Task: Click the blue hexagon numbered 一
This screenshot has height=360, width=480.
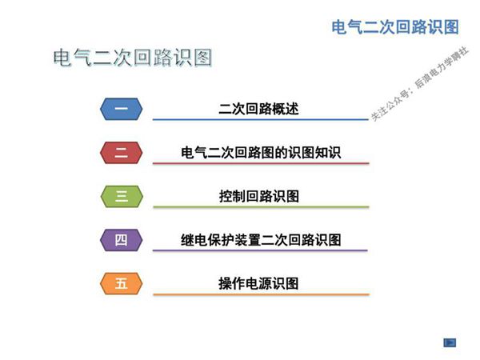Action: click(x=122, y=108)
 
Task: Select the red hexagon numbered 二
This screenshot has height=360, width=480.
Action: click(x=122, y=152)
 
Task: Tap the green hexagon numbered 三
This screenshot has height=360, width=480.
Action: click(x=122, y=196)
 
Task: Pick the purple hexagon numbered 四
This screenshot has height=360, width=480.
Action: click(x=122, y=239)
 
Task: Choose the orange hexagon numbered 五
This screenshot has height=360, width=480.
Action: click(x=122, y=283)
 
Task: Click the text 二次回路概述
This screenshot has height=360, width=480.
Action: click(x=259, y=109)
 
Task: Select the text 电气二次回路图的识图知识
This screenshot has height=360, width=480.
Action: click(x=261, y=152)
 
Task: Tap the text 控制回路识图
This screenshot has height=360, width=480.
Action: click(x=259, y=196)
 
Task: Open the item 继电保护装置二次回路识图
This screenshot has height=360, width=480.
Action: click(x=261, y=239)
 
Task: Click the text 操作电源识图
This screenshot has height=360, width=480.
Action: click(x=259, y=283)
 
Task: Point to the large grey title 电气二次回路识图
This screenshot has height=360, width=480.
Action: click(x=132, y=58)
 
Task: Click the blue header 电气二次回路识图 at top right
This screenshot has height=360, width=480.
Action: click(x=395, y=26)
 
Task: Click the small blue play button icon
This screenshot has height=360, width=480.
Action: click(x=450, y=342)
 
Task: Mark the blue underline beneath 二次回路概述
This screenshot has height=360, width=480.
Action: click(x=261, y=120)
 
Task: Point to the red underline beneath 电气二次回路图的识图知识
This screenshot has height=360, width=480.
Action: click(x=261, y=164)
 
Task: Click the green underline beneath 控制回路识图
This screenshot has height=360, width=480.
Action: click(x=261, y=207)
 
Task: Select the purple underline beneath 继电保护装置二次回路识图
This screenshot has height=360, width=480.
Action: click(x=261, y=250)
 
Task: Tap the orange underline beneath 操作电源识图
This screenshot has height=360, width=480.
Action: click(x=261, y=294)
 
